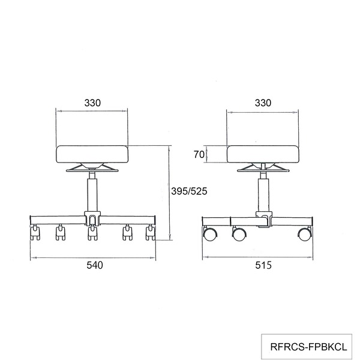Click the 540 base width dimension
click(x=95, y=265)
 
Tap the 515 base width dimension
click(x=263, y=265)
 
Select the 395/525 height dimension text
click(x=189, y=191)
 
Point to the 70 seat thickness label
click(x=199, y=155)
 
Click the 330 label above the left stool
click(x=92, y=103)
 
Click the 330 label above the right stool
click(x=263, y=103)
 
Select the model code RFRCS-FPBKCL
click(x=308, y=347)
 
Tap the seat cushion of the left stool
click(x=92, y=154)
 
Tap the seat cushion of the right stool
click(x=263, y=154)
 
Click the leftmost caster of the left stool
click(x=35, y=233)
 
